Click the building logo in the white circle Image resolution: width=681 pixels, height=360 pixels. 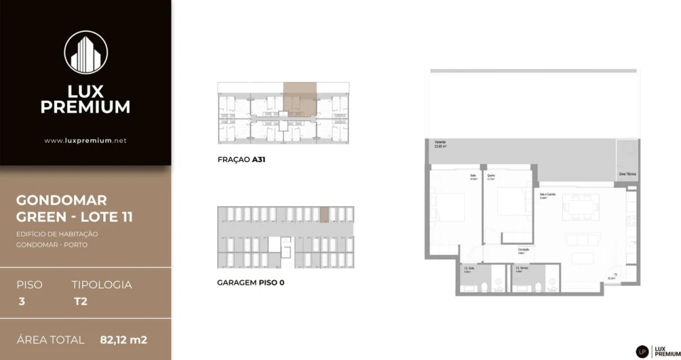(85, 53)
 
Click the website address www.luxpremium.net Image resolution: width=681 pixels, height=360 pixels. (85, 141)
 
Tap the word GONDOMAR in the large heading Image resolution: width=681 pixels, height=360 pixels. (61, 201)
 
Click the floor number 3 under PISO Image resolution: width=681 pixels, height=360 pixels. (22, 301)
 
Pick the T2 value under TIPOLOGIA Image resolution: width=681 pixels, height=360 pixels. (80, 301)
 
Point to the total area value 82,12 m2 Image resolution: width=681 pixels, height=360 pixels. (123, 340)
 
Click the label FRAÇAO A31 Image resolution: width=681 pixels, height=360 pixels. (241, 160)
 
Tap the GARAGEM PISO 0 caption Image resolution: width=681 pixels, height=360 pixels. (250, 282)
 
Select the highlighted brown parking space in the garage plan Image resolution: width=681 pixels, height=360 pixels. (324, 214)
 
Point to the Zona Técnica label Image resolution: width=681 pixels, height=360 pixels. (626, 174)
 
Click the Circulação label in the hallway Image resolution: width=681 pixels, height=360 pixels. (524, 250)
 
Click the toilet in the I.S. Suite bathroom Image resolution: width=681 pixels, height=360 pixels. (484, 287)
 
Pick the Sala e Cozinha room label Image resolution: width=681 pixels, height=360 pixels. (542, 194)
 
